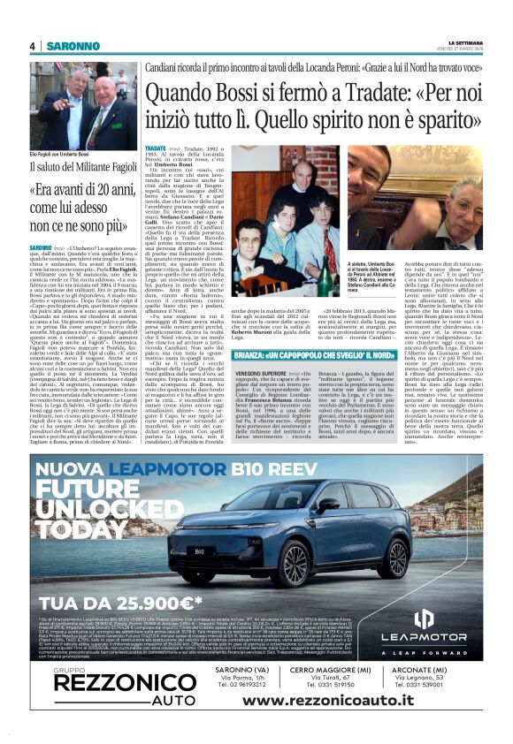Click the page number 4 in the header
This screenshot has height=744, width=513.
click(32, 45)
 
